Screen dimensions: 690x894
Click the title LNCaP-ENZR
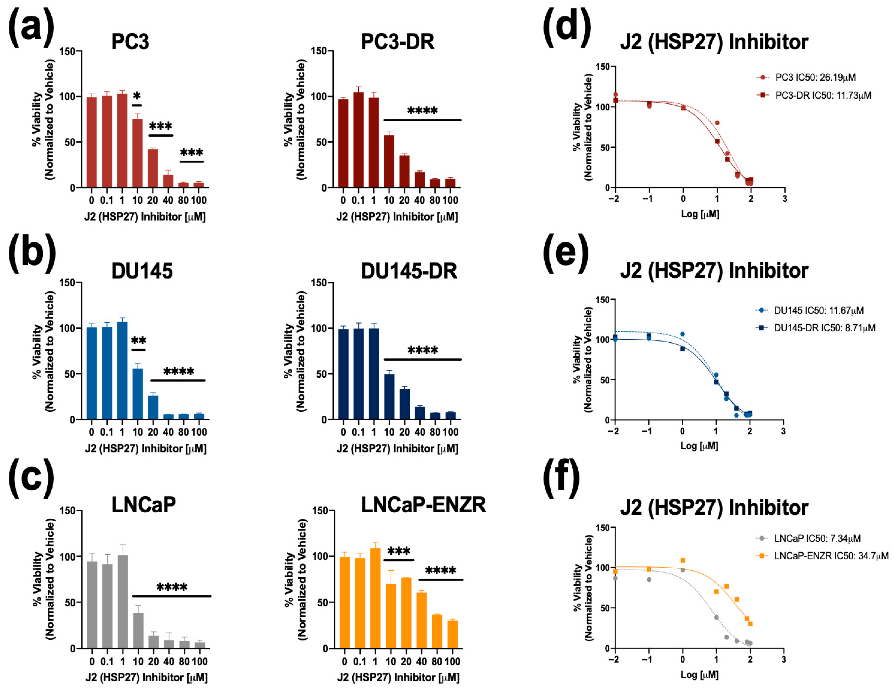pos(423,505)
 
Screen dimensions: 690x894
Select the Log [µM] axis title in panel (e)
pos(699,446)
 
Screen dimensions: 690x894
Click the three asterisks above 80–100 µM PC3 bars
pos(192,153)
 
